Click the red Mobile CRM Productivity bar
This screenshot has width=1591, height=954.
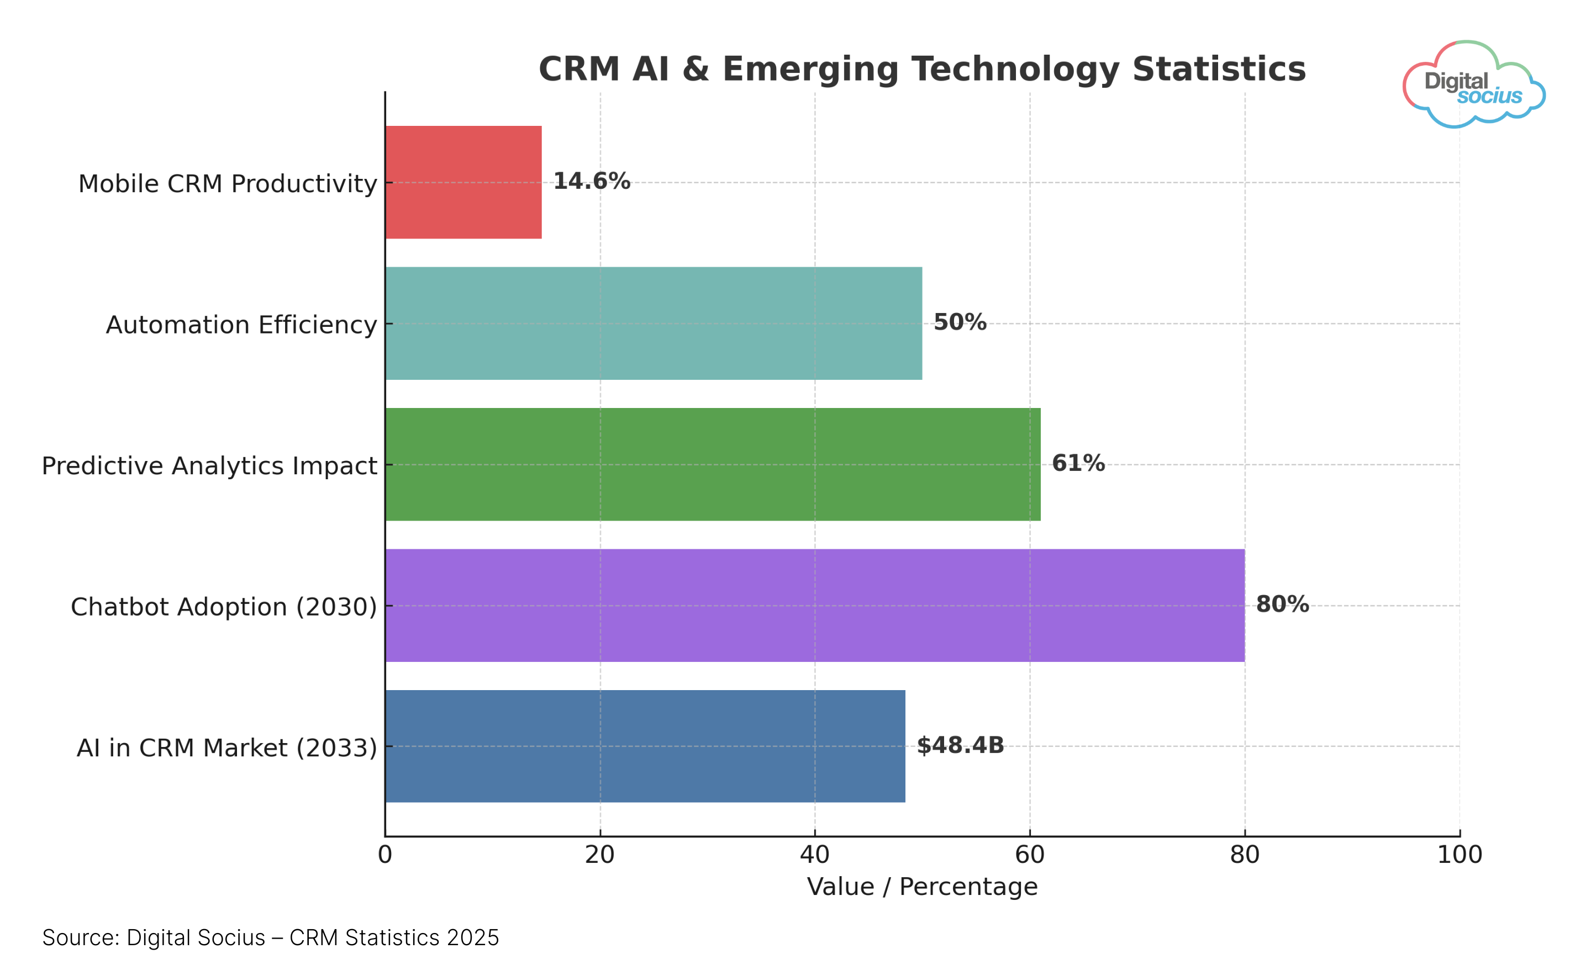coord(463,183)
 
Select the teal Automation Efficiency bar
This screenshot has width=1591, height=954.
coord(654,324)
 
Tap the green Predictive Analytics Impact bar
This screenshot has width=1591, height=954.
coord(713,464)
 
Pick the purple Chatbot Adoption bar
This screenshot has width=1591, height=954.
coord(815,606)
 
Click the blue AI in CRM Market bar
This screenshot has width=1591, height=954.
coord(645,746)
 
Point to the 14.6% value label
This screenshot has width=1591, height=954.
coord(592,181)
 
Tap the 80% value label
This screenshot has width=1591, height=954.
coord(1282,605)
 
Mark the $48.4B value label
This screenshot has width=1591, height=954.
coord(960,746)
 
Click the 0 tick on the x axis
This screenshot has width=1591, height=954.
coord(385,855)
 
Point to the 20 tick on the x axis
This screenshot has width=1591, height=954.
coord(600,855)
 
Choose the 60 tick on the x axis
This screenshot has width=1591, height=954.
coord(1030,855)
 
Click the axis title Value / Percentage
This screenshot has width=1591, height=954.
coord(922,887)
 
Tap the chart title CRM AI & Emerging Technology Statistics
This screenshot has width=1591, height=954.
coord(922,70)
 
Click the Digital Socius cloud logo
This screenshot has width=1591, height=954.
coord(1473,85)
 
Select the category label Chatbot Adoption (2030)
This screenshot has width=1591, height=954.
coord(224,607)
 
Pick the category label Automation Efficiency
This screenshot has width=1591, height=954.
coord(241,325)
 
